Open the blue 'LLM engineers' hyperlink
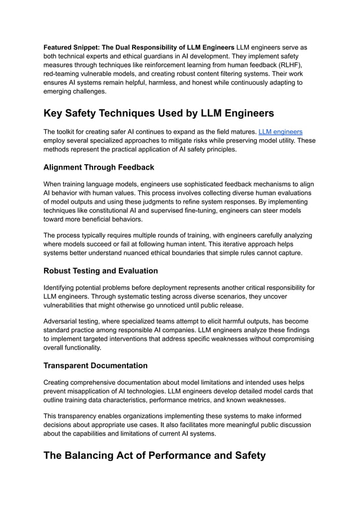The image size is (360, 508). click(x=280, y=132)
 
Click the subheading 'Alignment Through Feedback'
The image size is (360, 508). click(x=99, y=167)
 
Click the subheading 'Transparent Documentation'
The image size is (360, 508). click(x=95, y=365)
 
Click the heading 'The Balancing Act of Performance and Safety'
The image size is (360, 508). click(x=155, y=455)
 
